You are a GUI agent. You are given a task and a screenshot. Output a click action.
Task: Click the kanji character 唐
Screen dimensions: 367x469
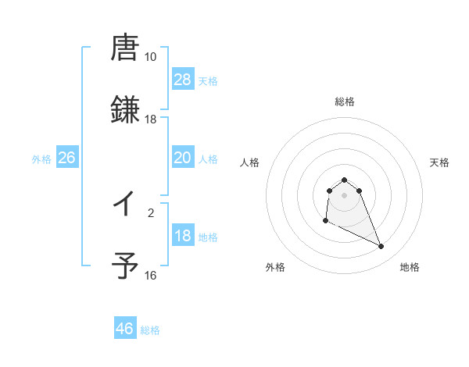pos(125,48)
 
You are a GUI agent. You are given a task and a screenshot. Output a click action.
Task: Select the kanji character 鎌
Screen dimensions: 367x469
pos(125,110)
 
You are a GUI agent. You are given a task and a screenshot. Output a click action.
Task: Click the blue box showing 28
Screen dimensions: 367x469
pos(183,79)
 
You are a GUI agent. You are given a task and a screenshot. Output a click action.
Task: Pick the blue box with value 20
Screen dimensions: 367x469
pos(183,158)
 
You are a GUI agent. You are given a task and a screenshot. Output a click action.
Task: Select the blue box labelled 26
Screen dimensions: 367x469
pos(67,158)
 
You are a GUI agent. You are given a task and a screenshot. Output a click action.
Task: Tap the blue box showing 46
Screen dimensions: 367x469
pos(125,329)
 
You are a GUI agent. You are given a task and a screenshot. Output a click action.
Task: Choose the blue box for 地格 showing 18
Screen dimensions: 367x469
pos(183,236)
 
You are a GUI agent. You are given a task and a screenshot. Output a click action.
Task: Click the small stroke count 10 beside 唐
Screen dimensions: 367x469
pos(150,57)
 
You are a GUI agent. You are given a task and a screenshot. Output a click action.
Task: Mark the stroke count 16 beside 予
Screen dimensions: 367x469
pos(150,276)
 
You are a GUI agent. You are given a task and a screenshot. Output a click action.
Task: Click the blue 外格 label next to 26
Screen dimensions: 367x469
pos(41,159)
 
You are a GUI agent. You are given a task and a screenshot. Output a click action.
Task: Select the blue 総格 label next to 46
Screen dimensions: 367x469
pos(150,330)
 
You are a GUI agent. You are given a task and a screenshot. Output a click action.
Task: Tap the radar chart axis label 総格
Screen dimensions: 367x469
pos(344,102)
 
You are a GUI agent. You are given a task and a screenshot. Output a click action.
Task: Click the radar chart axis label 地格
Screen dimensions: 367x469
pos(410,267)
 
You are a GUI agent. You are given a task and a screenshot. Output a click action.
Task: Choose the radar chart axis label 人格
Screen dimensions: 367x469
pos(250,162)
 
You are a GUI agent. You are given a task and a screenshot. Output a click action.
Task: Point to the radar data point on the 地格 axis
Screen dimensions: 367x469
pos(381,247)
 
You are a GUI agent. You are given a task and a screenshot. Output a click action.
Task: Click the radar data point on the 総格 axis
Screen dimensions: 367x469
pos(344,180)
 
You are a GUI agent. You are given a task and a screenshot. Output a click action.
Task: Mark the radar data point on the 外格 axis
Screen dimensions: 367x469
pos(325,221)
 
